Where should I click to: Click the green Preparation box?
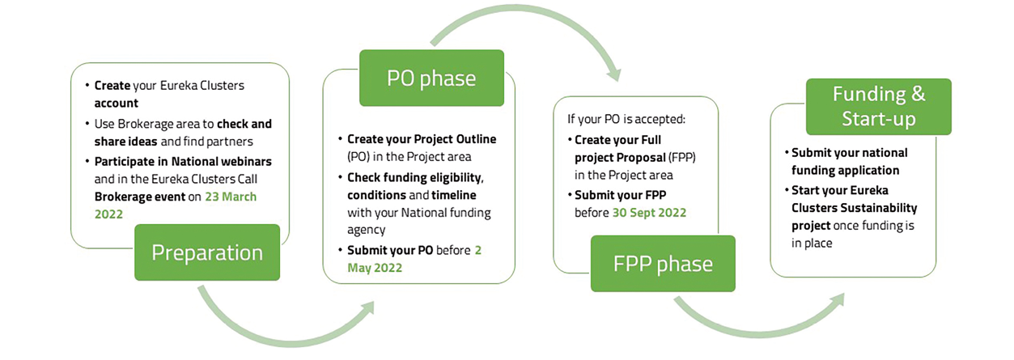[207, 252]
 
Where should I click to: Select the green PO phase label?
[431, 78]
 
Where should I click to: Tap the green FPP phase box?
[663, 264]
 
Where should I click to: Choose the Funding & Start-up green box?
[878, 106]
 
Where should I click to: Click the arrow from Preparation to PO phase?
[283, 320]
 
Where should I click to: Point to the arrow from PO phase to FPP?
[526, 36]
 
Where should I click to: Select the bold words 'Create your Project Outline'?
[421, 139]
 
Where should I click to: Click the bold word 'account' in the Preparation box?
[116, 103]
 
